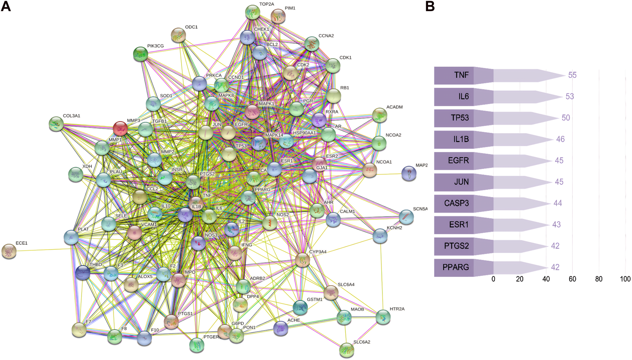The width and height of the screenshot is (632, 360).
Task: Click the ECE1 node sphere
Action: click(x=9, y=251)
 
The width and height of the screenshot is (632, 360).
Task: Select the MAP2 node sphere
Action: click(x=409, y=174)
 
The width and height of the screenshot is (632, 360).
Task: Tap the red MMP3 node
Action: click(x=120, y=128)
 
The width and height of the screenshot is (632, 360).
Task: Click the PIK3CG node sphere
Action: click(x=141, y=54)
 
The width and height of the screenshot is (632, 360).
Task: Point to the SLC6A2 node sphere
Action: click(x=347, y=350)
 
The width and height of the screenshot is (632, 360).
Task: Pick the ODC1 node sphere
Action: click(x=178, y=35)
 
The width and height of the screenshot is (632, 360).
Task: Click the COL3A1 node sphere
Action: click(x=56, y=124)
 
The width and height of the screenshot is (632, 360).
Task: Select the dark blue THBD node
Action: click(x=83, y=273)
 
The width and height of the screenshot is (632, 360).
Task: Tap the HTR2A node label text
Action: click(x=397, y=309)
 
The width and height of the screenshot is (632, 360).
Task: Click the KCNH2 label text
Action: click(x=394, y=228)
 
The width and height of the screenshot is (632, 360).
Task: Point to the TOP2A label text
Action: click(x=266, y=4)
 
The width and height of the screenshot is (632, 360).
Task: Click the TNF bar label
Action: click(x=461, y=75)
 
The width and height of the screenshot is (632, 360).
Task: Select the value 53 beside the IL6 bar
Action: click(x=570, y=97)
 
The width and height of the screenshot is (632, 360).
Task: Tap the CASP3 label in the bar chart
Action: click(x=457, y=203)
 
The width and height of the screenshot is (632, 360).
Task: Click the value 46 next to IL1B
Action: click(x=560, y=139)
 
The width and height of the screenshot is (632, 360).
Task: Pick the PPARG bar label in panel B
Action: click(x=456, y=267)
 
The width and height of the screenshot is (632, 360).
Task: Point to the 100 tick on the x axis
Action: click(x=625, y=279)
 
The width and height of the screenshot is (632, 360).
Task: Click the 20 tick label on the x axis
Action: click(x=520, y=279)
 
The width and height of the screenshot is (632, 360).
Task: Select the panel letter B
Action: click(x=430, y=6)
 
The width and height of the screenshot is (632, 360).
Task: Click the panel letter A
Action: click(x=6, y=6)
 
